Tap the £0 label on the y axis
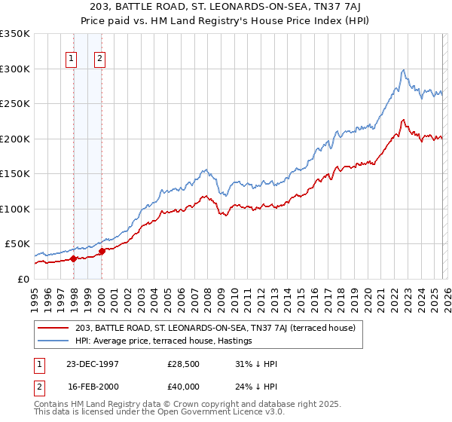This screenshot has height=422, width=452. pos(23,279)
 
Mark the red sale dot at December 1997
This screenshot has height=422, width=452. pos(74,258)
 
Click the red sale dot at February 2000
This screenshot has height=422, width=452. pos(102,251)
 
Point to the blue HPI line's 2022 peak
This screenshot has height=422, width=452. pos(404,70)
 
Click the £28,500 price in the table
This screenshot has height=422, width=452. pos(183,364)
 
